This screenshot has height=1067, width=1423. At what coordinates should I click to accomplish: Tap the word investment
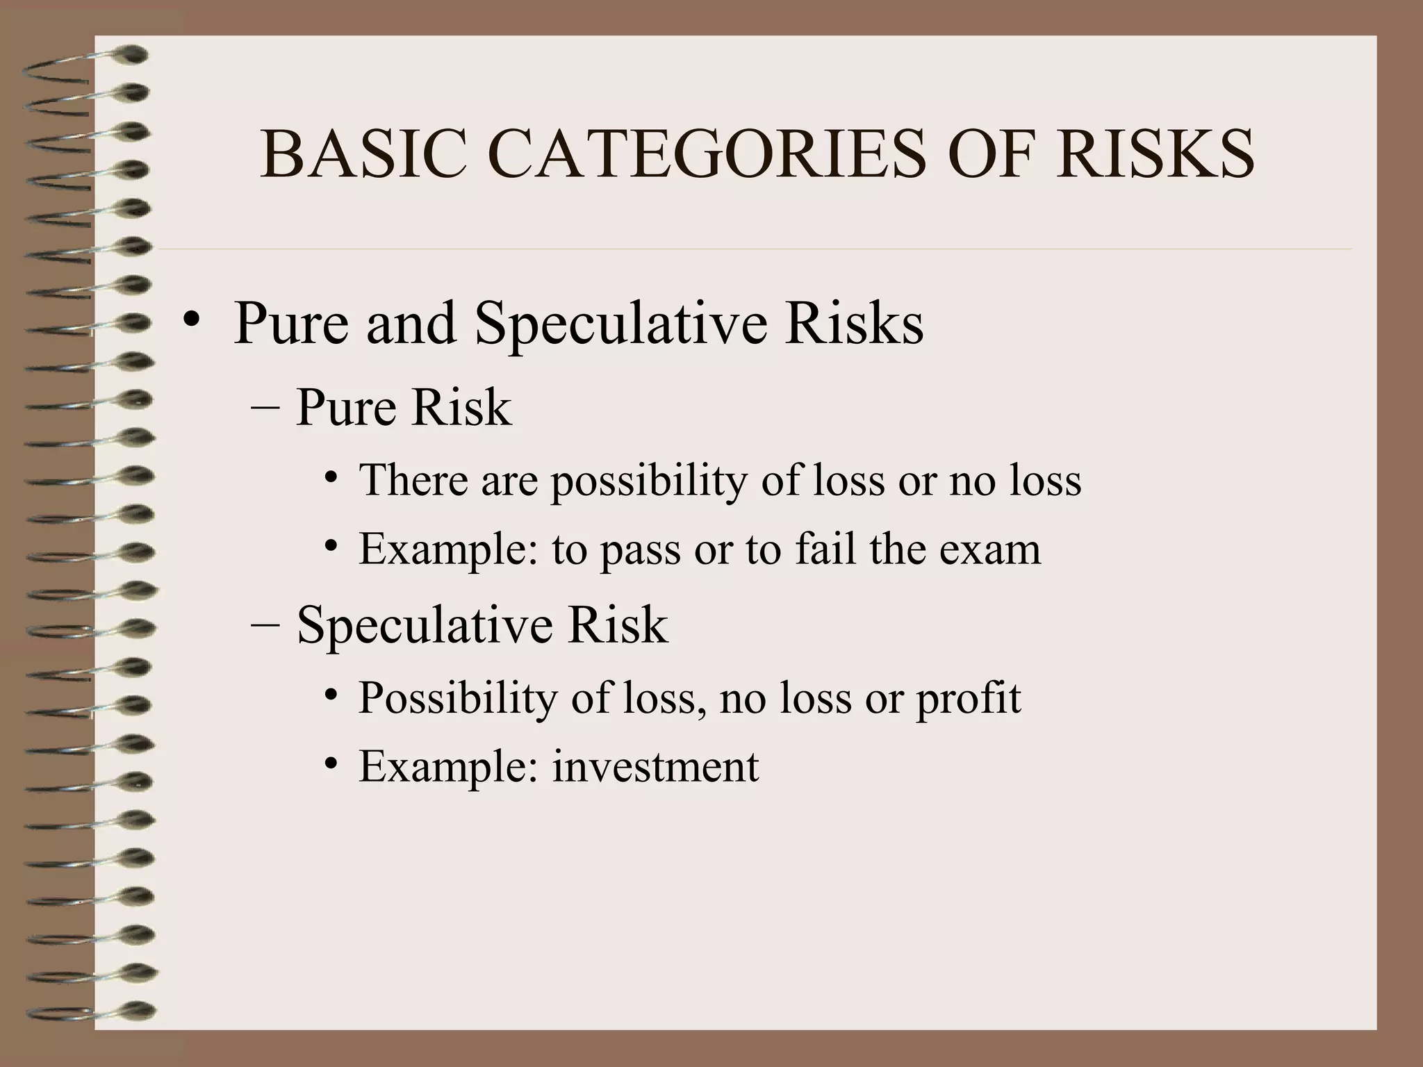tap(655, 767)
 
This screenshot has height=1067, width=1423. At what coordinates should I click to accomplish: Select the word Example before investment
tap(449, 767)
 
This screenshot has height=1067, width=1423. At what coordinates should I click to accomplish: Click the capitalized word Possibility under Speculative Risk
tap(457, 698)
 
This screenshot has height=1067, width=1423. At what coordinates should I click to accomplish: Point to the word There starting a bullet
tap(413, 480)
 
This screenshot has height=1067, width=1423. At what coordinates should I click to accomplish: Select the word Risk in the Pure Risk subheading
tap(461, 407)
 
